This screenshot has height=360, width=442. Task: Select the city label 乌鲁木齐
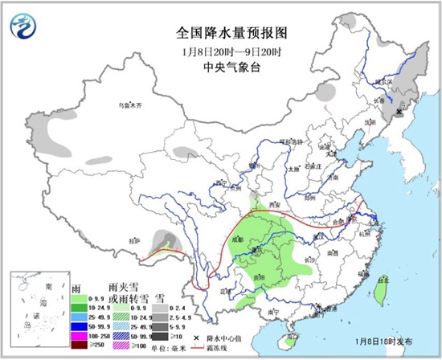pyautogui.click(x=130, y=105)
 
